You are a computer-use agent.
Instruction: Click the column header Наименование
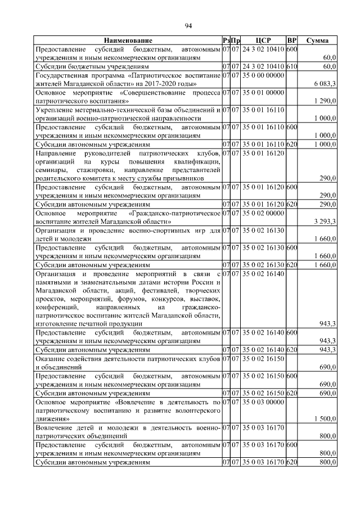[x=128, y=41]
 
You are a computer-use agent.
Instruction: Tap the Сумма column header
[x=318, y=41]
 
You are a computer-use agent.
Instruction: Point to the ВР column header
[x=291, y=41]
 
